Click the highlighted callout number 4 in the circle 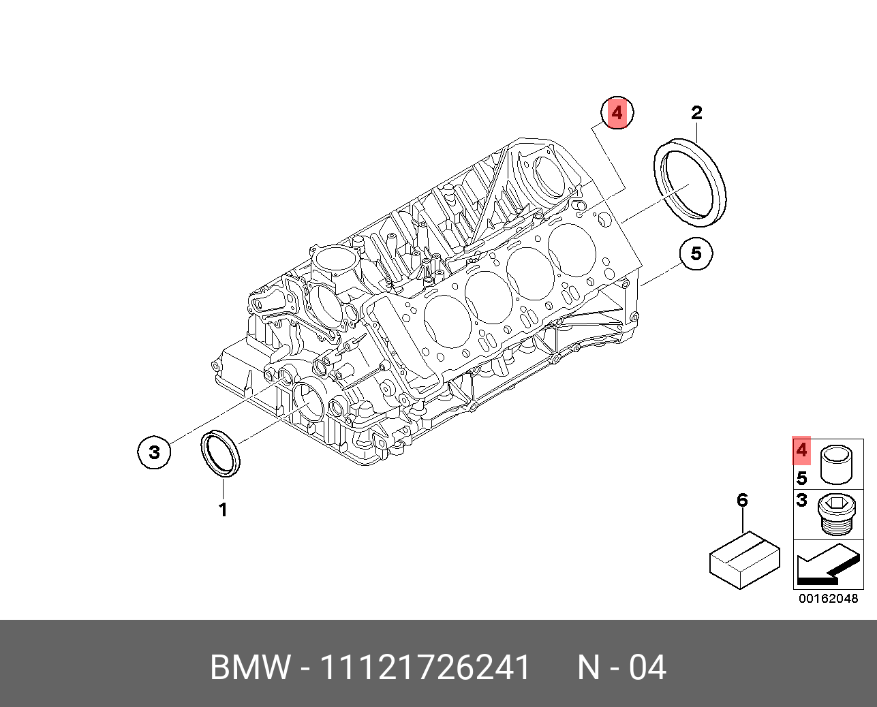click(617, 113)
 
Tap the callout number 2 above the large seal click(696, 113)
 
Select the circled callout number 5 click(696, 253)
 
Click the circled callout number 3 click(154, 452)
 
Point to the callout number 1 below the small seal click(223, 509)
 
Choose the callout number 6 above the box click(743, 500)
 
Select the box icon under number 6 click(745, 560)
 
